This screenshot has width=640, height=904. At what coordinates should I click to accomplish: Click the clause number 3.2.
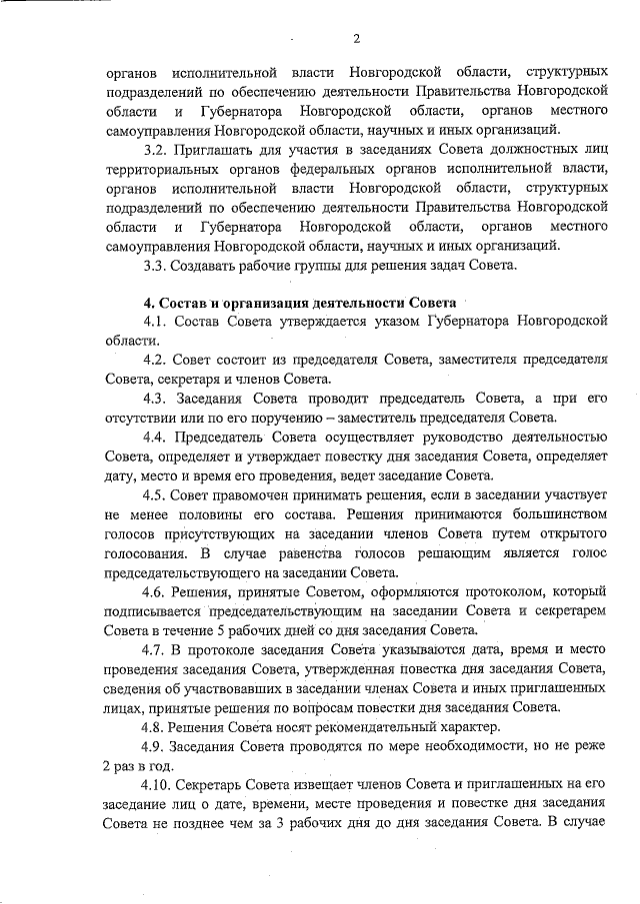tap(156, 150)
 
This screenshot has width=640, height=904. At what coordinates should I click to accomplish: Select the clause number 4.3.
tap(156, 399)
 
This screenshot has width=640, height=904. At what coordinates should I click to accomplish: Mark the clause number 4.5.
tap(156, 494)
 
